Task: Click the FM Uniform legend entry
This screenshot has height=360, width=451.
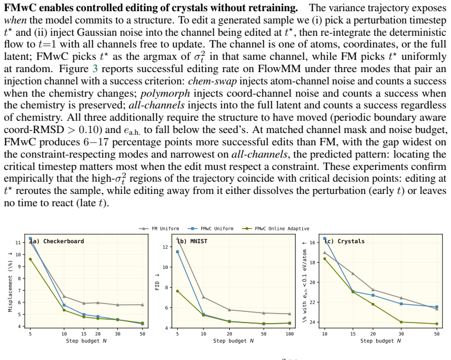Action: coord(159,229)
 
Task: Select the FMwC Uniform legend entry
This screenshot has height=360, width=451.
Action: coord(210,229)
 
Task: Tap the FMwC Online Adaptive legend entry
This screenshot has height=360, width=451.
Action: coord(276,229)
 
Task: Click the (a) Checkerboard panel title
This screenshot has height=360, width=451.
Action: coord(57,241)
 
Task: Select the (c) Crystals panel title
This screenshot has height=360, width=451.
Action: coord(345,241)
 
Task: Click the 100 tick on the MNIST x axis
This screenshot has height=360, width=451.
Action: coord(289,334)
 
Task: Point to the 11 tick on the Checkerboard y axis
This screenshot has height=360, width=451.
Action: coord(18,243)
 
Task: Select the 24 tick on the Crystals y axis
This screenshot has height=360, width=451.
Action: coord(312,323)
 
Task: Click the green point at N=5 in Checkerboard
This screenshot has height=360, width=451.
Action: coord(30,259)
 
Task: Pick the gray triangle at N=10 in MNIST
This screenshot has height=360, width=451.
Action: coord(203,297)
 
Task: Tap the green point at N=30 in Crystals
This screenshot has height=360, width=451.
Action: coord(401,322)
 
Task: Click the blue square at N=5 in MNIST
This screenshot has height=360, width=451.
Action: coord(178,252)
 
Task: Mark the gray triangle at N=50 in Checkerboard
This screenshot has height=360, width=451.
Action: coord(143,305)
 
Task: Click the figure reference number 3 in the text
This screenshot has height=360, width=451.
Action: coord(95,69)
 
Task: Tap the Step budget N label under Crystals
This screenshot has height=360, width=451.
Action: coord(381,341)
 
